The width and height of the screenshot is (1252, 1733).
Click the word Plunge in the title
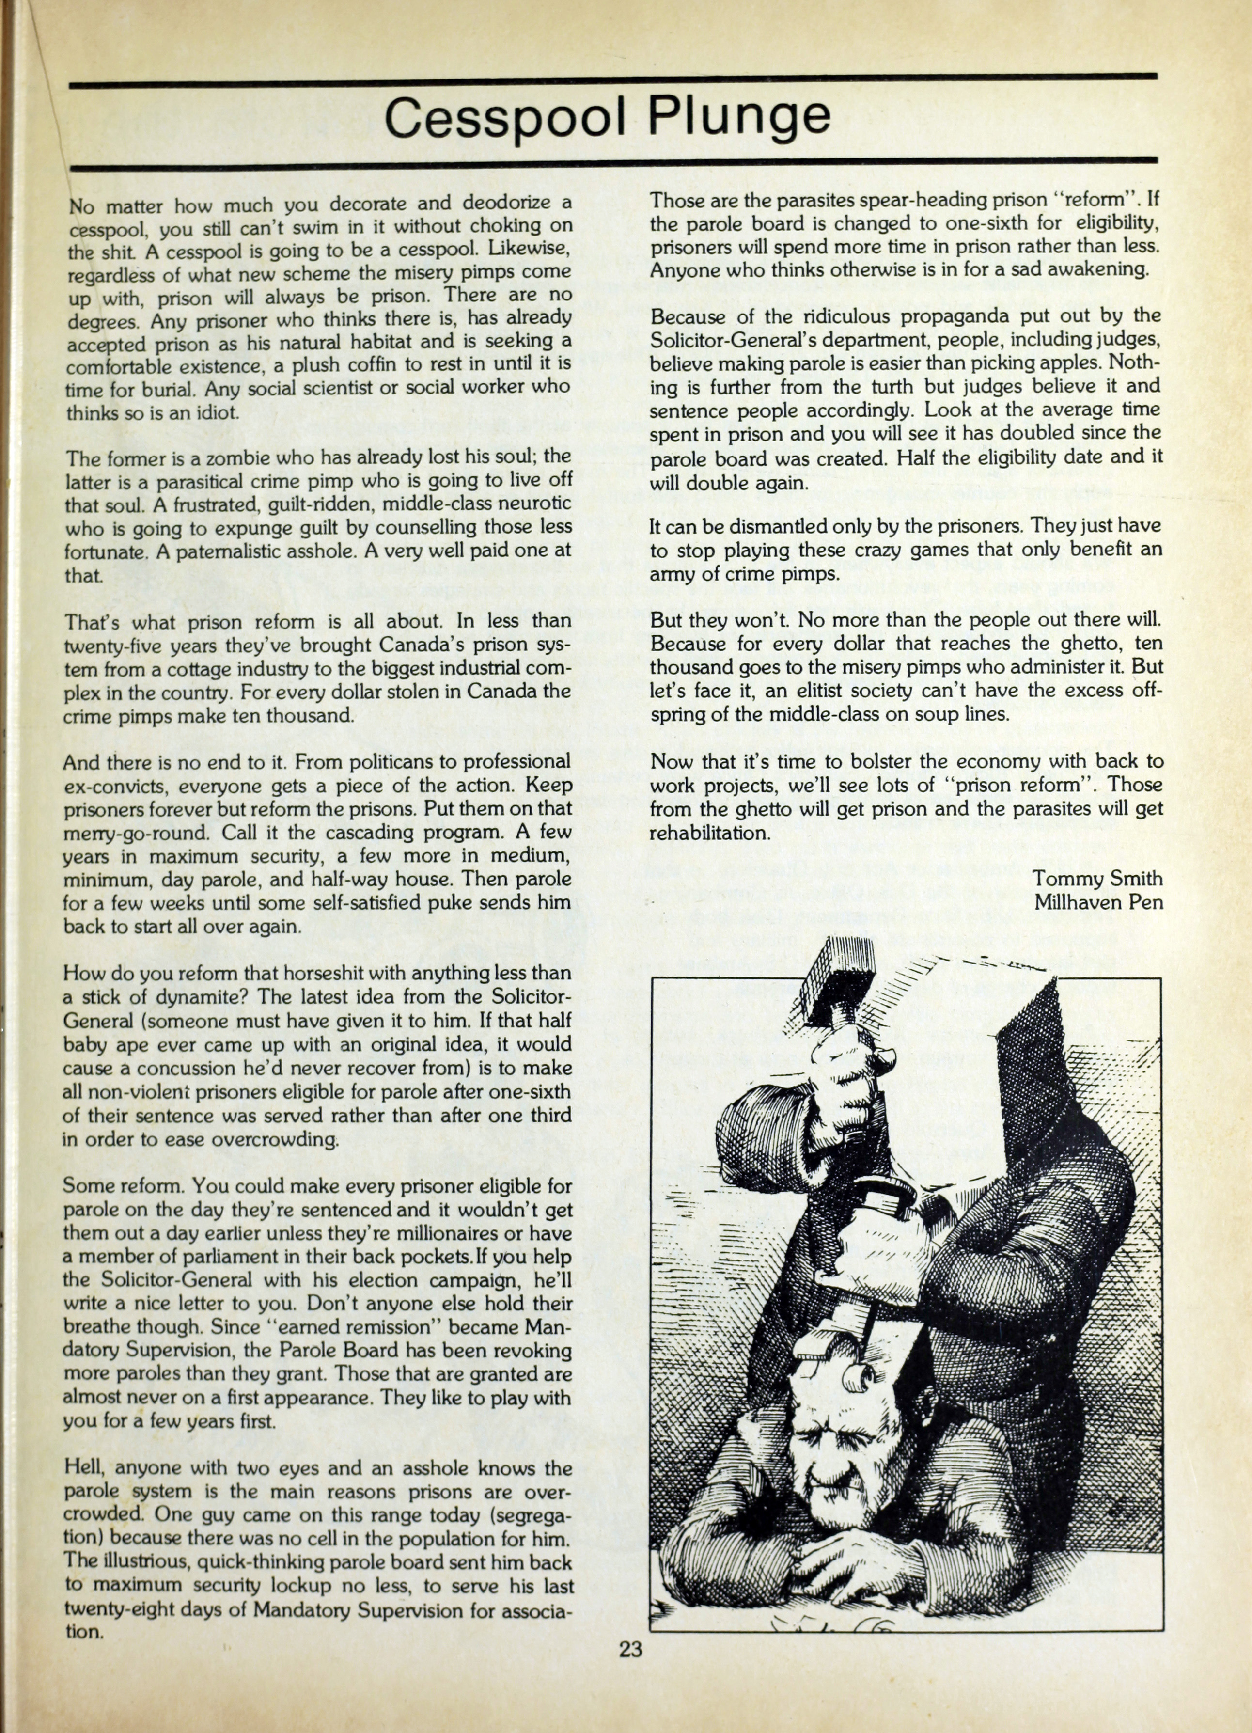coord(739,117)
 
